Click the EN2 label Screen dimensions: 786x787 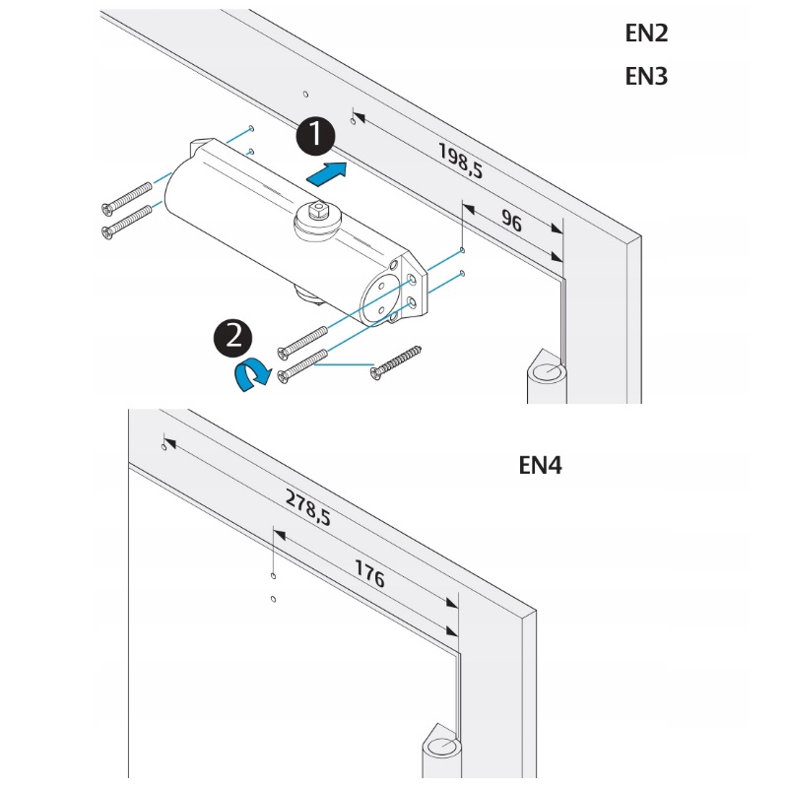[647, 33]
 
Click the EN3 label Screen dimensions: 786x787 [647, 76]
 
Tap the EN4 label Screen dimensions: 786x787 [540, 465]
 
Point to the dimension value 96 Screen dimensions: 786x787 [511, 221]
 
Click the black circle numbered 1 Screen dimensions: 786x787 [315, 136]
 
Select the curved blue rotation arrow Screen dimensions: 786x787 [253, 374]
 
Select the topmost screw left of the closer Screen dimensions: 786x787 [126, 197]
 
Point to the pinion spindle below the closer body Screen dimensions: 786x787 [306, 293]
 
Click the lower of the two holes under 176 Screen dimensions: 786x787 [274, 598]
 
